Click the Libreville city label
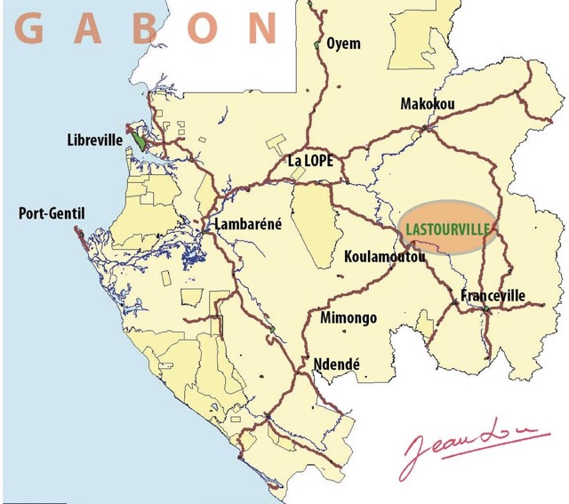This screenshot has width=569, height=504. tap(94, 140)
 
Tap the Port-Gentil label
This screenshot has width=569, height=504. tap(44, 213)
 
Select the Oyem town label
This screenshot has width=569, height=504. tap(344, 44)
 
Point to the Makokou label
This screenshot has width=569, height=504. tap(427, 104)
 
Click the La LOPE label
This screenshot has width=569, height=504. tap(310, 161)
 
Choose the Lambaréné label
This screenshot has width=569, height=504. tap(248, 225)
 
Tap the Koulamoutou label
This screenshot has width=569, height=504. tap(384, 257)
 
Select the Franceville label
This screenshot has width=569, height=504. tap(493, 295)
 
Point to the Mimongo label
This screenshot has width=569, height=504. tap(348, 318)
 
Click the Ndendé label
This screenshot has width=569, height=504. tap(337, 364)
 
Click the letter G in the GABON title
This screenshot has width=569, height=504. tap(29, 28)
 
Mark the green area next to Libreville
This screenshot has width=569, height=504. tap(140, 139)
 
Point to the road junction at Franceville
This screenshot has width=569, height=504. tap(485, 308)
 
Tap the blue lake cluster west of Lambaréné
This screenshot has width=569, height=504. tap(190, 259)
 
